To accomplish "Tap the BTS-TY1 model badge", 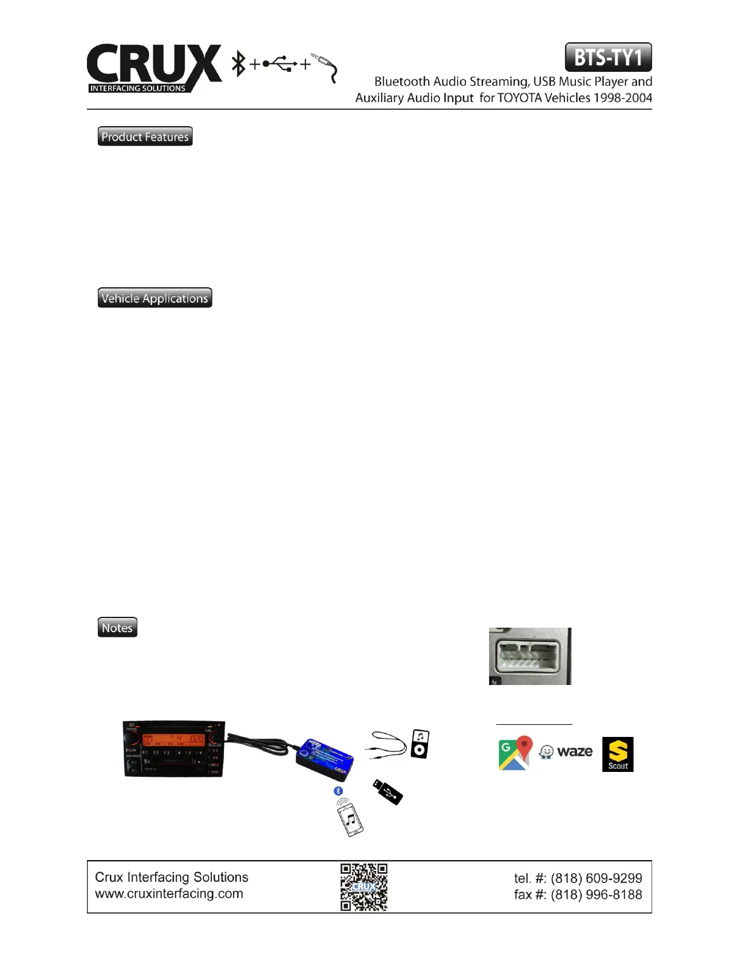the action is [608, 58].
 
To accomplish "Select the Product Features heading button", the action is [145, 137].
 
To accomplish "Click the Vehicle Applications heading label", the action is [155, 298].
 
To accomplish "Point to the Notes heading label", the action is [117, 628].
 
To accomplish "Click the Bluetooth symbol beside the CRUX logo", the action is [240, 64].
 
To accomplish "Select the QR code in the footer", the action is [363, 887].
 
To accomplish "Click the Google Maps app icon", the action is [515, 753].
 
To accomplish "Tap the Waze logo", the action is [566, 752].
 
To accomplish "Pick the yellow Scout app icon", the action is [618, 754].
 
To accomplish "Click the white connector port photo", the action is [529, 656].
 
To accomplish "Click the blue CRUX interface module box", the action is [323, 757].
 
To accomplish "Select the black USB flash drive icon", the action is [386, 791].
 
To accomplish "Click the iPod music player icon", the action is [420, 744].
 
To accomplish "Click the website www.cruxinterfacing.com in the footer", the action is [169, 894].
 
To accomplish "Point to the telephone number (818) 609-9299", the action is [596, 878].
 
